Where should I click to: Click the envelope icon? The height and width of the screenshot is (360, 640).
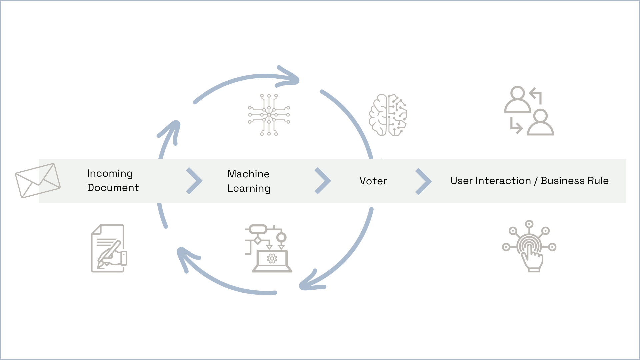38,180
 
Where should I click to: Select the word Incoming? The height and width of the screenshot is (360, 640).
110,174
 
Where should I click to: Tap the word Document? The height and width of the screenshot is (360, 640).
113,188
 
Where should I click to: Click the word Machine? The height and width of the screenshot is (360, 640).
248,174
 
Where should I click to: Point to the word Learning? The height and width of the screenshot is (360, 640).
249,189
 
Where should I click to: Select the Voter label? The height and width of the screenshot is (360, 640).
373,181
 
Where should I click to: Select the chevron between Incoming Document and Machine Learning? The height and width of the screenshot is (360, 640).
194,181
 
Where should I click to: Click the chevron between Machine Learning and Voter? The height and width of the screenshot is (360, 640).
323,181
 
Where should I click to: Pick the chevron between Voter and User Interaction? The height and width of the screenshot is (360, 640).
423,181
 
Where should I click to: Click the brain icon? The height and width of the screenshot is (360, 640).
388,115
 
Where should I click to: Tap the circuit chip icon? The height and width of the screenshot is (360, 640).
269,115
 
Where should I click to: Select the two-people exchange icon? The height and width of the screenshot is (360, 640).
529,111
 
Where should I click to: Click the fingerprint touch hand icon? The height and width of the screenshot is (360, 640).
529,247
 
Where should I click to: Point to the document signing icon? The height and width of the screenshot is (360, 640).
109,248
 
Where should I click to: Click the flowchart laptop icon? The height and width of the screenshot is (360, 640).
269,248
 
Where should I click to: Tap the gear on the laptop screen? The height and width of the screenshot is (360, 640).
272,258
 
